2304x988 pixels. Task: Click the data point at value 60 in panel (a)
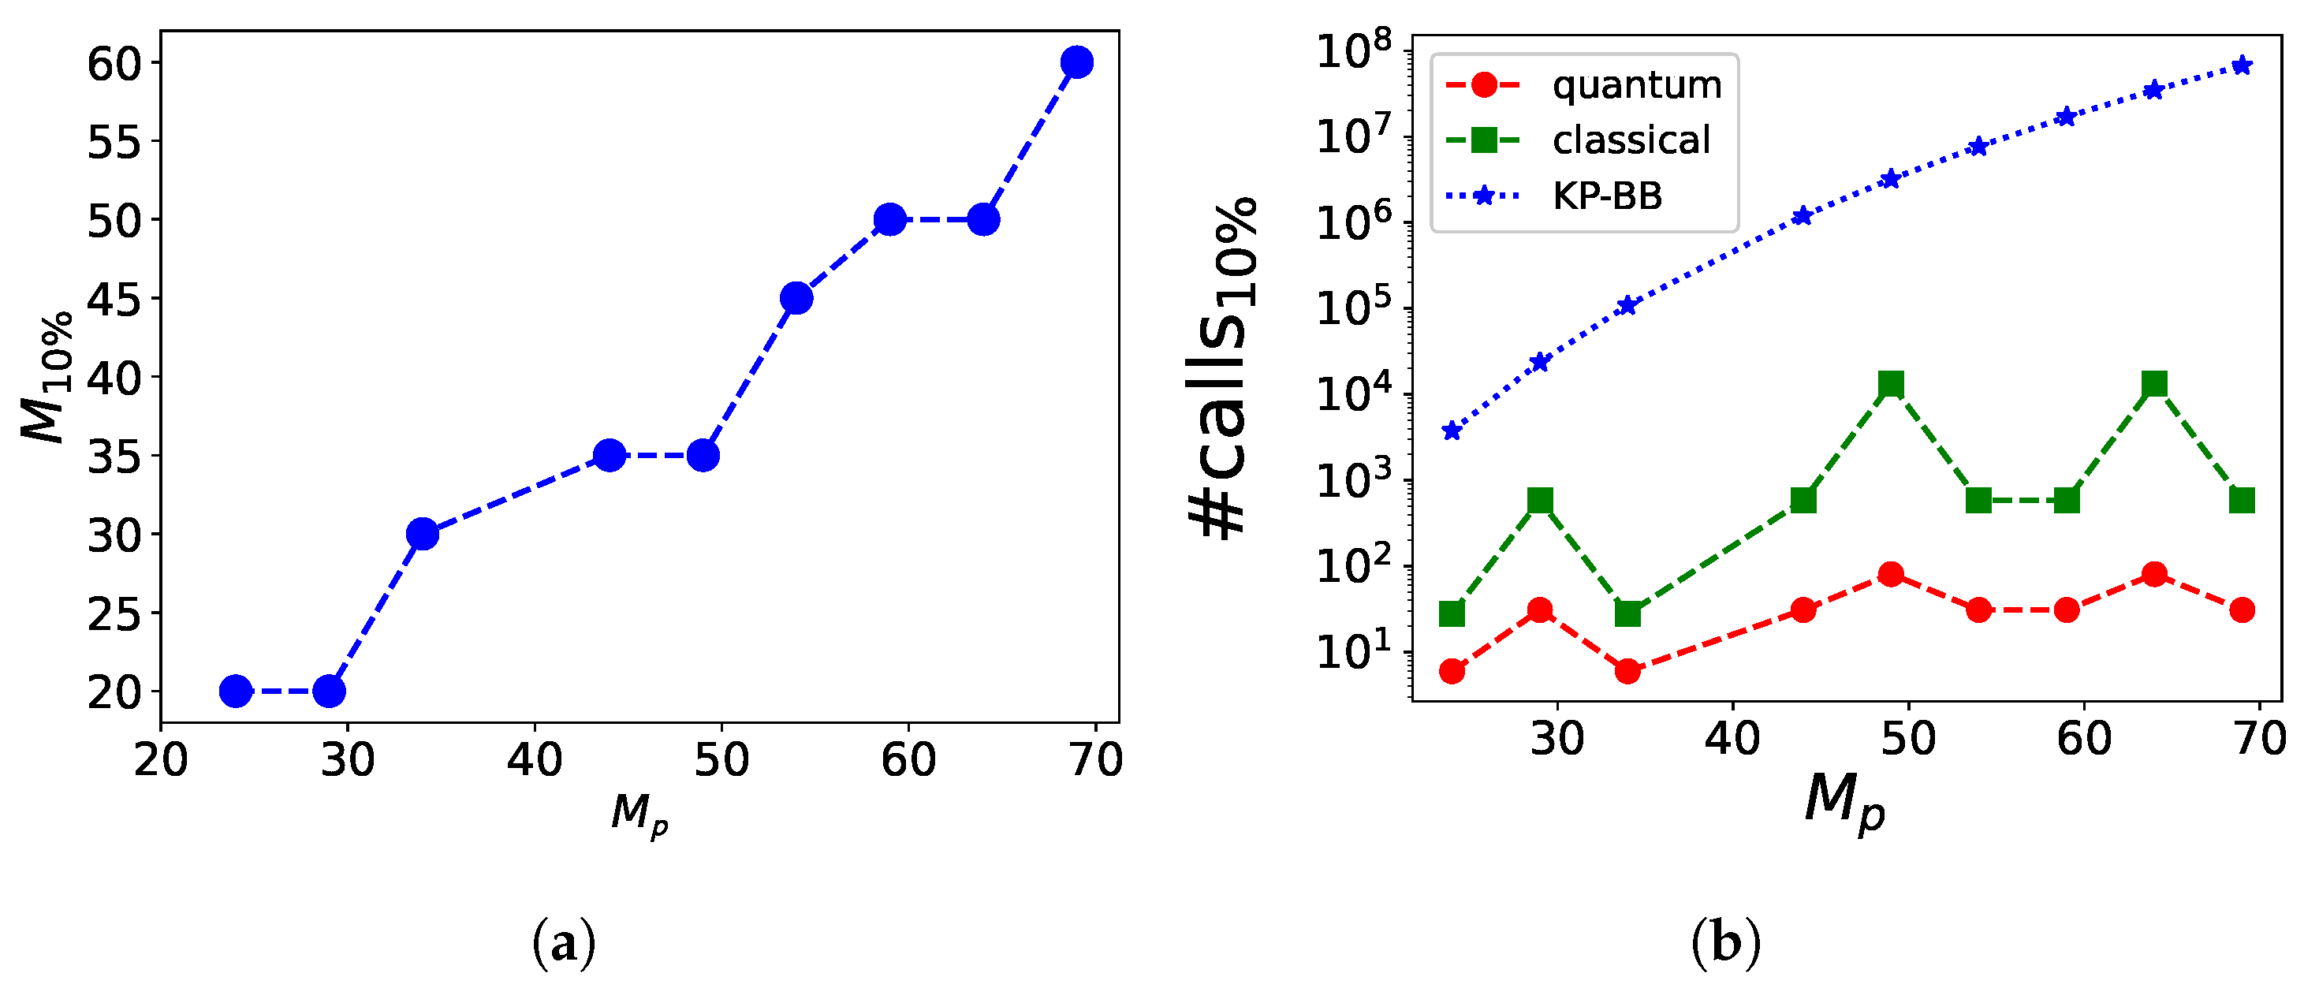click(1077, 62)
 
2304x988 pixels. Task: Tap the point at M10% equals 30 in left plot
click(422, 534)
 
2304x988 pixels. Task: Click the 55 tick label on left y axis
click(114, 141)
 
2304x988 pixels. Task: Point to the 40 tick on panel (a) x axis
click(535, 760)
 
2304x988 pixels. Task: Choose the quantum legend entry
click(1583, 85)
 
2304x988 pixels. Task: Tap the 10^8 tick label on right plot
click(1354, 51)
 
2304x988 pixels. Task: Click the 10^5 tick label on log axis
click(1354, 308)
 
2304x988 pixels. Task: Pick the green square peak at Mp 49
click(1890, 385)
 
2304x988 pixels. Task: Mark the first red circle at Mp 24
click(1452, 670)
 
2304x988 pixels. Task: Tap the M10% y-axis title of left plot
click(45, 376)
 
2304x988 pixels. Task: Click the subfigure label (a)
click(564, 943)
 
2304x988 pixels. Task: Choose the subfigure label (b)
click(1725, 943)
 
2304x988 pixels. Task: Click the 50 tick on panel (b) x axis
click(1907, 739)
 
